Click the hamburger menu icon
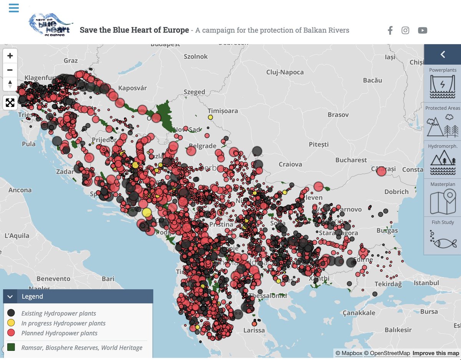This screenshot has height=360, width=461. pos(14,8)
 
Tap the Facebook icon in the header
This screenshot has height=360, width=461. pos(390,30)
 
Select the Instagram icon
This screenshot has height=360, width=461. pos(405,30)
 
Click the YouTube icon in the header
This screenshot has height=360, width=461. pos(423,30)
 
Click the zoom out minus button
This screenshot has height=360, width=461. pos(10,70)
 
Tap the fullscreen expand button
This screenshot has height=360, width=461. pos(10,102)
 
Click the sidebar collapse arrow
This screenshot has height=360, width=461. pos(443,55)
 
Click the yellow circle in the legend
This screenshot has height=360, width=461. pos(12,323)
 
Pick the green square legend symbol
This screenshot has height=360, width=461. pos(12,348)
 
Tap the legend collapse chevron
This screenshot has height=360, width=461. pos(10,297)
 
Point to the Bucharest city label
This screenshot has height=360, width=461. pos(351,160)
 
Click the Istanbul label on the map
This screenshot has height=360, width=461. pos(426,283)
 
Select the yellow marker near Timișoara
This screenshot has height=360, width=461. pos(210,117)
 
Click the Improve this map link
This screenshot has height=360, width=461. pos(436,353)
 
